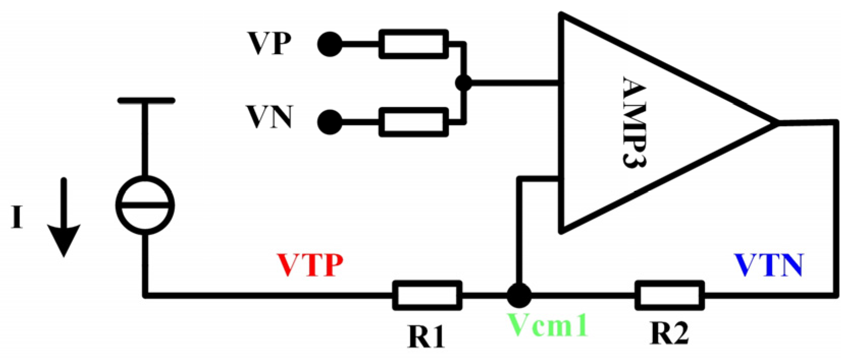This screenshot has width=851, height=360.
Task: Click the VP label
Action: click(x=269, y=43)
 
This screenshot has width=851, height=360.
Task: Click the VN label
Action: click(x=269, y=117)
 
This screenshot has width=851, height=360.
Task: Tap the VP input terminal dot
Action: click(x=330, y=44)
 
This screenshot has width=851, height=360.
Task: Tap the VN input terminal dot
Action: click(x=330, y=122)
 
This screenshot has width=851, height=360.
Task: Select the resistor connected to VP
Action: click(x=414, y=44)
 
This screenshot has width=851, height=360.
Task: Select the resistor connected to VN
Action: click(x=414, y=122)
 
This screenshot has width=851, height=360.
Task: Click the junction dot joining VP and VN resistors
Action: click(x=463, y=82)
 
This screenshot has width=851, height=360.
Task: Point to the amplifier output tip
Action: click(x=777, y=123)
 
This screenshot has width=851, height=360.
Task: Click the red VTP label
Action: click(x=310, y=265)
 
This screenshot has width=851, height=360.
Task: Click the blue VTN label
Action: click(x=768, y=265)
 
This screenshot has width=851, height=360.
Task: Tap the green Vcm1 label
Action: click(x=548, y=325)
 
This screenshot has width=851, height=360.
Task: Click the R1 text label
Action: click(x=426, y=336)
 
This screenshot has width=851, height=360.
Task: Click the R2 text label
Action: click(x=669, y=334)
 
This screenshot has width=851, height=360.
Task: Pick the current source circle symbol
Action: click(x=145, y=205)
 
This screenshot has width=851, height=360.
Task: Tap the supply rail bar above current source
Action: click(x=146, y=101)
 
